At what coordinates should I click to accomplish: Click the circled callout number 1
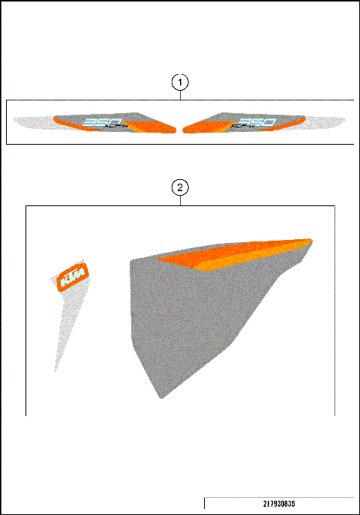(180, 82)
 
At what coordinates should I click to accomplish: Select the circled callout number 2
(180, 187)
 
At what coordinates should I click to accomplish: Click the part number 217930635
(278, 504)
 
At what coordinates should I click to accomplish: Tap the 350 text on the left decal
(97, 121)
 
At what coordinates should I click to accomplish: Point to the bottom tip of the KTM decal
(55, 370)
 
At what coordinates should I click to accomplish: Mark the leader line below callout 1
(180, 95)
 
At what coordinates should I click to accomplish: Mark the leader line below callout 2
(180, 200)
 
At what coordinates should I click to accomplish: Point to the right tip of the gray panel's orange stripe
(310, 241)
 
